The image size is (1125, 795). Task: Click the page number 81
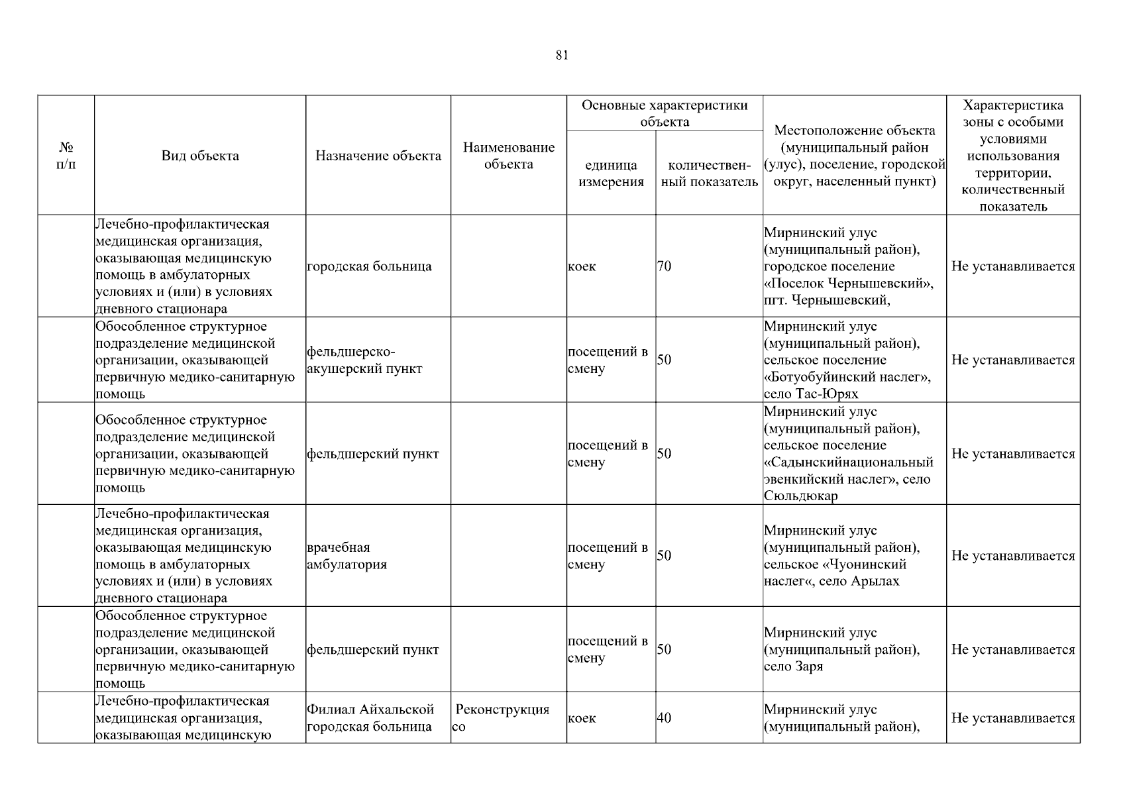pyautogui.click(x=562, y=56)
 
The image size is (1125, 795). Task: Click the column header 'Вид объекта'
pyautogui.click(x=200, y=156)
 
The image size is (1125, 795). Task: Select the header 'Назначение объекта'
pyautogui.click(x=378, y=156)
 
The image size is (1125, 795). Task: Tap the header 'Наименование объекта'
pyautogui.click(x=508, y=156)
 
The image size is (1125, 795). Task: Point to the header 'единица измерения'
pyautogui.click(x=611, y=174)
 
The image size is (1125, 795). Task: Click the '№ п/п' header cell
pyautogui.click(x=66, y=156)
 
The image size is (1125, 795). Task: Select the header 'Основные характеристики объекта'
pyautogui.click(x=664, y=113)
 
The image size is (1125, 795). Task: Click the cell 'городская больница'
pyautogui.click(x=369, y=266)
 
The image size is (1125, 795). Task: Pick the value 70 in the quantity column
pyautogui.click(x=664, y=266)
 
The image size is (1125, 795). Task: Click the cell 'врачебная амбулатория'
pyautogui.click(x=347, y=556)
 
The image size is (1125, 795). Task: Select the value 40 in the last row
pyautogui.click(x=664, y=718)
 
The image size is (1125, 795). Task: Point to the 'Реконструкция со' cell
pyautogui.click(x=502, y=717)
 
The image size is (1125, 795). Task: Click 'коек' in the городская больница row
pyautogui.click(x=582, y=266)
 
